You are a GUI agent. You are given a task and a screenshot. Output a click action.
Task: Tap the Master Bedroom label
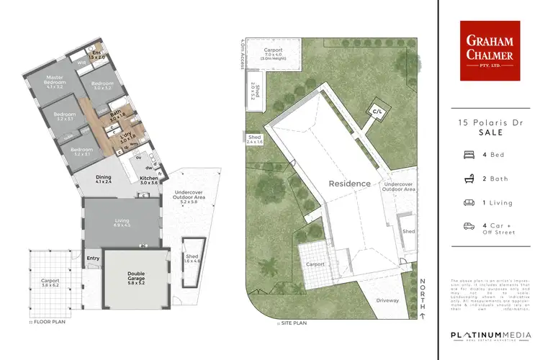coord(55,81)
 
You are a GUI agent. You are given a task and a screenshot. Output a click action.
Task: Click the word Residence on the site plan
coord(350,183)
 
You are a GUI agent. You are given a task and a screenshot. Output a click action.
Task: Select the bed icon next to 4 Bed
coord(469,154)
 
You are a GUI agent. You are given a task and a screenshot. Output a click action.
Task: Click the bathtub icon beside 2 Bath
coord(469,177)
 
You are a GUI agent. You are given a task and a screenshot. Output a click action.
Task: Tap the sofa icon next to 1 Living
coord(469,202)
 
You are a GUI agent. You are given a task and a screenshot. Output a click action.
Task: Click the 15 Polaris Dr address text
coord(489,123)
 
